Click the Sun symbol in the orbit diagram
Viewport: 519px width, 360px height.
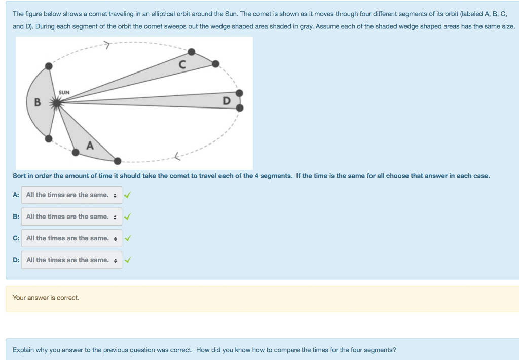[57, 103]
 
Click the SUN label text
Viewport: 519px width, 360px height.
[64, 92]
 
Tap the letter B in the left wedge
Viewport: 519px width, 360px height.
[38, 102]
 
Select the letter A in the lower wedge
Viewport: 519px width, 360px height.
[90, 146]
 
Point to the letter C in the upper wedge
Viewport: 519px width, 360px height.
[182, 64]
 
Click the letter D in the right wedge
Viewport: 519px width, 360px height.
[227, 101]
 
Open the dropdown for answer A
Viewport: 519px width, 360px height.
[71, 195]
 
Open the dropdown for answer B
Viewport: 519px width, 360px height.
[71, 217]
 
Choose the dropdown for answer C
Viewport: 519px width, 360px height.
[71, 238]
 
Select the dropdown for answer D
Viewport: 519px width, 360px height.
[71, 260]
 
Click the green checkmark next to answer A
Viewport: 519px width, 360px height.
[127, 195]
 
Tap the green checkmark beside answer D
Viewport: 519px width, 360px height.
[127, 260]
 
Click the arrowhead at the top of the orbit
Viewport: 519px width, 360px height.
[106, 45]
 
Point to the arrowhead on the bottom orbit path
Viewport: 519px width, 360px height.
[177, 156]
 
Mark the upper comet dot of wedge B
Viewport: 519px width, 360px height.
[49, 66]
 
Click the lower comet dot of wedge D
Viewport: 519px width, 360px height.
[240, 107]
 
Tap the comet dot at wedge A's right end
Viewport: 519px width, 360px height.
[117, 161]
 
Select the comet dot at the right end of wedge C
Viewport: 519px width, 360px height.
[215, 64]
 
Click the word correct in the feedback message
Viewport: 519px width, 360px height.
[67, 298]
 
